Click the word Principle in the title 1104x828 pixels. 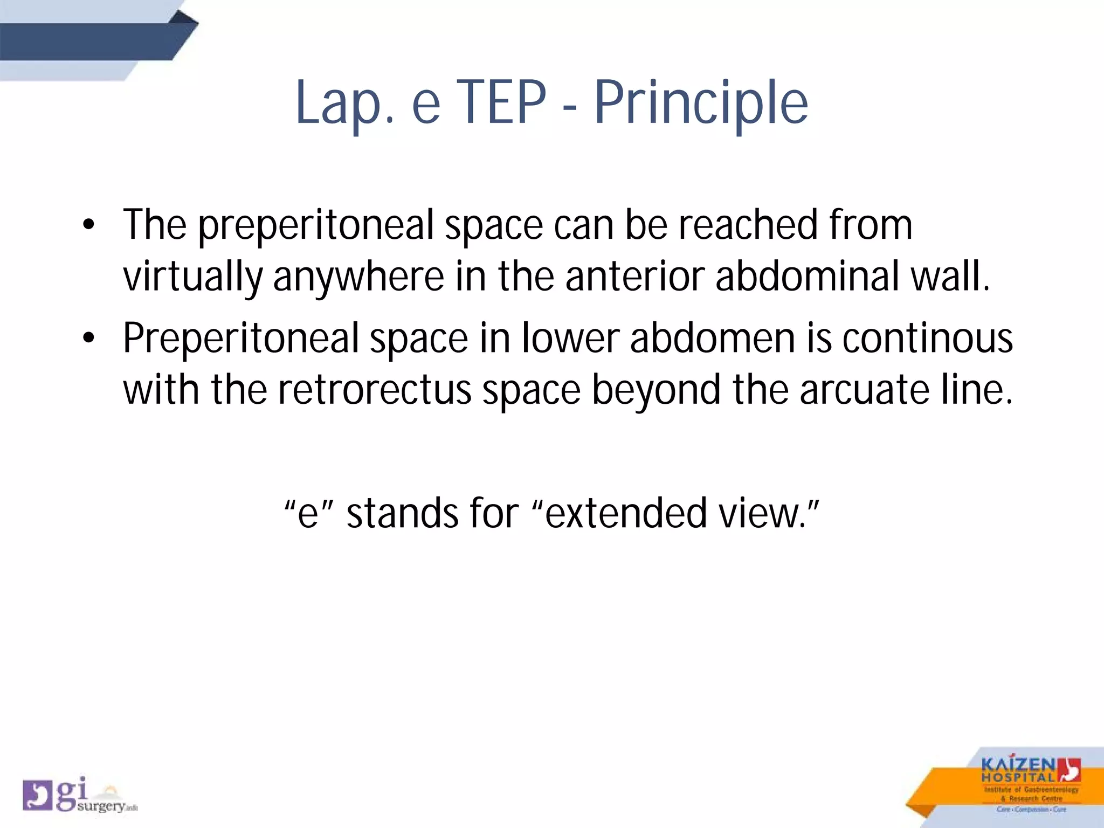click(701, 102)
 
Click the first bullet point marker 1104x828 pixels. click(89, 225)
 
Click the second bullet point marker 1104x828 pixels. click(89, 339)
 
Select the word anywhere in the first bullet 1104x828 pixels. click(358, 277)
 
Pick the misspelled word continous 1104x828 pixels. click(927, 339)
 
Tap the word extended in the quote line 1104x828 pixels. click(625, 513)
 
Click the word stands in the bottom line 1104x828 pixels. click(402, 513)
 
